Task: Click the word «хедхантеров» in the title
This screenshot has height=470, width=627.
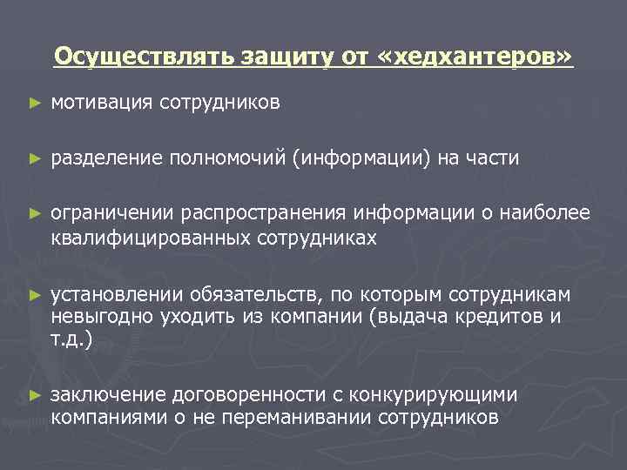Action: pyautogui.click(x=476, y=57)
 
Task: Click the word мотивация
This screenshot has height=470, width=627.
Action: pyautogui.click(x=103, y=104)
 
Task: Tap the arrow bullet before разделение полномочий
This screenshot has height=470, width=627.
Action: pyautogui.click(x=34, y=159)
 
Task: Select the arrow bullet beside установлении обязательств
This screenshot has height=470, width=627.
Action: pyautogui.click(x=34, y=294)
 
